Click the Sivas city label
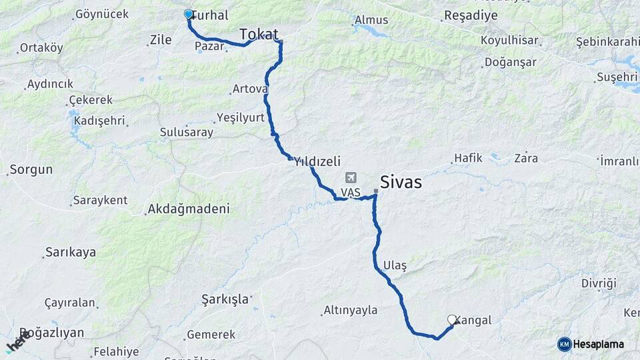(401, 181)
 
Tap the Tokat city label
(259, 34)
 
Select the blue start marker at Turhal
(188, 14)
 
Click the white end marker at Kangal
(452, 319)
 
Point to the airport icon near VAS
(351, 179)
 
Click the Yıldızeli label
(317, 161)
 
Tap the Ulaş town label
(395, 265)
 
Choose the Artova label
(250, 89)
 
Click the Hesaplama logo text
(598, 344)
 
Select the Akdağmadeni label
(189, 209)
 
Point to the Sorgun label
(31, 169)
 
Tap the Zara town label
(526, 159)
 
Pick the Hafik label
(467, 159)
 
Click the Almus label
(371, 20)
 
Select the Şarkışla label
(225, 299)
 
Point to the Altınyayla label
(350, 310)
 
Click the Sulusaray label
(187, 132)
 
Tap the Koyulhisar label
(509, 41)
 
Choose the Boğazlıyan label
(52, 333)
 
